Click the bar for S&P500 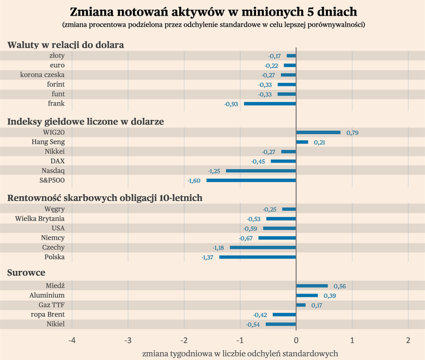(251, 180)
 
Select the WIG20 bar (318, 132)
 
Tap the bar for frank (270, 104)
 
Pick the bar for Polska (257, 257)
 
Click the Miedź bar (312, 286)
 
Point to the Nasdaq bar (261, 171)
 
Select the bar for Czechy (263, 248)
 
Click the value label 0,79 (353, 133)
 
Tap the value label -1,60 (194, 181)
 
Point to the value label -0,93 (231, 104)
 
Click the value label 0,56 (339, 286)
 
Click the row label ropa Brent (48, 315)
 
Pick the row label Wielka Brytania (40, 219)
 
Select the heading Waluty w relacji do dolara (65, 44)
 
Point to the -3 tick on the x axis (127, 339)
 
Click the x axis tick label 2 (408, 339)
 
